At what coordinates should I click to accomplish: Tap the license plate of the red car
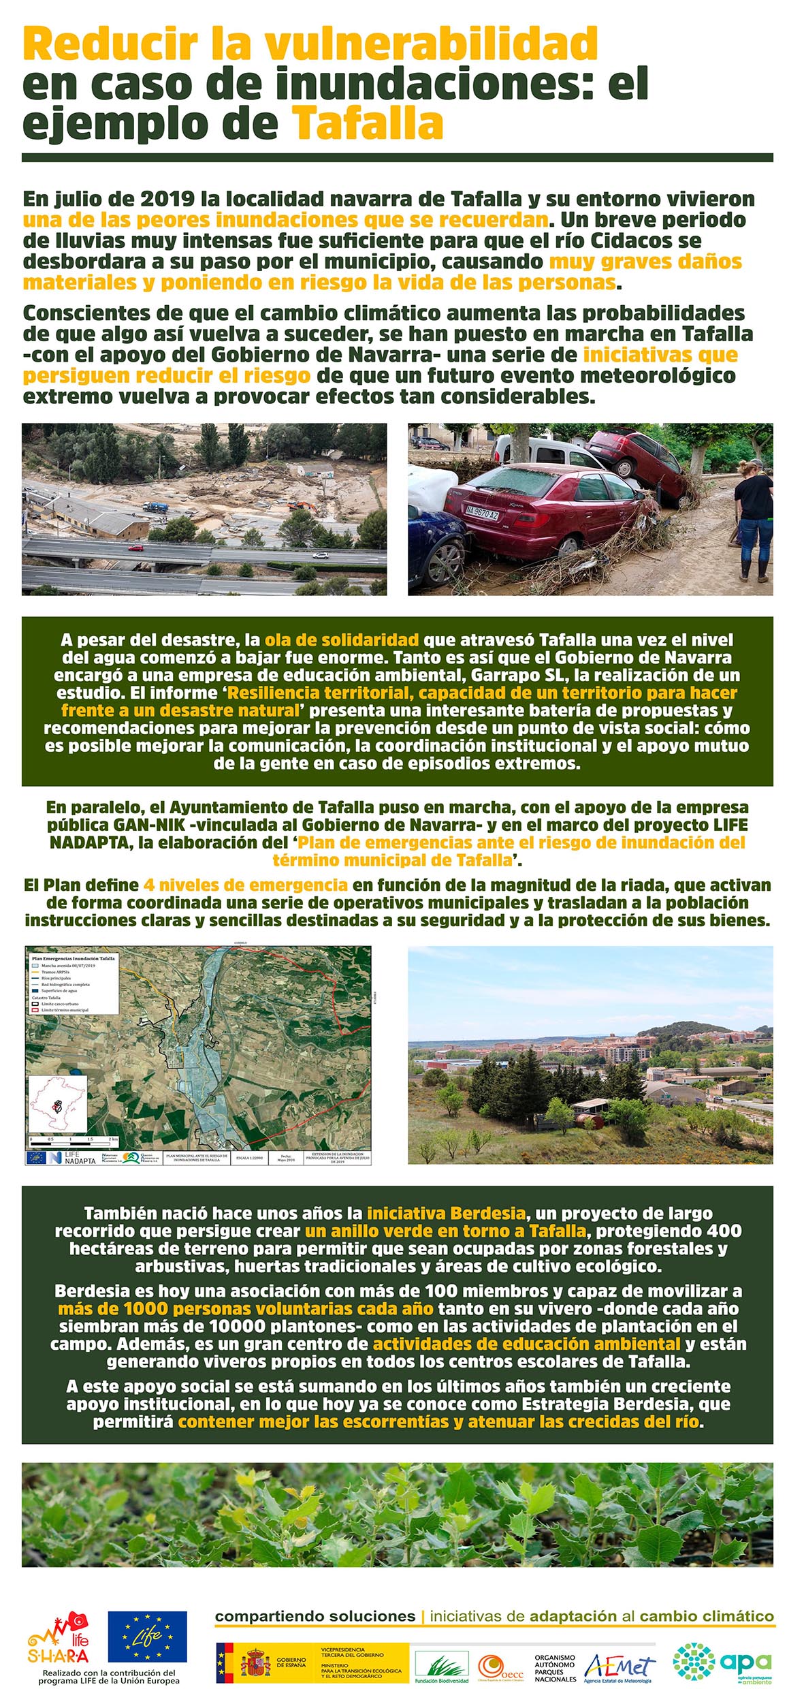(481, 513)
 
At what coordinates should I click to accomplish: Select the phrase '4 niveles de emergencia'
(246, 885)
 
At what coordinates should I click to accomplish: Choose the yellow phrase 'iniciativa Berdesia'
(446, 1213)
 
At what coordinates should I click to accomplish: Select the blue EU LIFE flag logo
(147, 1637)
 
